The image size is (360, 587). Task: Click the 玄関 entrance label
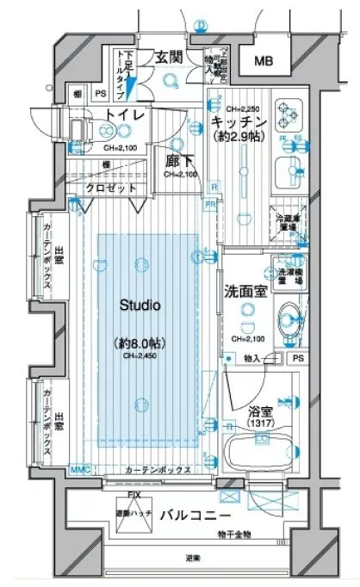pyautogui.click(x=168, y=57)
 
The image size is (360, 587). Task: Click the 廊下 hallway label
pyautogui.click(x=178, y=160)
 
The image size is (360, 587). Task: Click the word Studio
pyautogui.click(x=141, y=305)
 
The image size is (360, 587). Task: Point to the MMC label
pyautogui.click(x=78, y=470)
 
